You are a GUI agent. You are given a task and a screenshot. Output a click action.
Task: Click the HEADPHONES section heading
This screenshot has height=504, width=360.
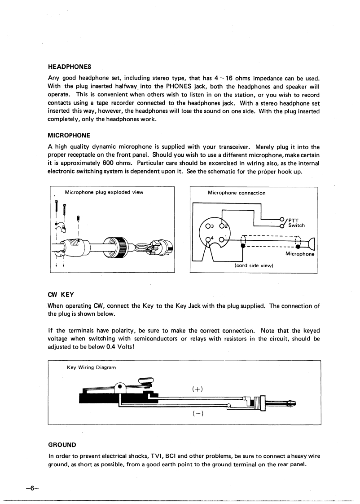pyautogui.click(x=70, y=66)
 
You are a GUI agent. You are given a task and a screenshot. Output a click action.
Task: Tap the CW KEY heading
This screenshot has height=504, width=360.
pyautogui.click(x=61, y=294)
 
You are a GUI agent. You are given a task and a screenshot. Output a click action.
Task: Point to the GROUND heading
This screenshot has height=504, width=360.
pyautogui.click(x=62, y=445)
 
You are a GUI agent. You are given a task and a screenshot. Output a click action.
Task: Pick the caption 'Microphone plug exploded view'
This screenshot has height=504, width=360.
pyautogui.click(x=104, y=192)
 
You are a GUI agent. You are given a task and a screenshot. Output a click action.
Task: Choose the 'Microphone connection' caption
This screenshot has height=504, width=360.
pyautogui.click(x=237, y=193)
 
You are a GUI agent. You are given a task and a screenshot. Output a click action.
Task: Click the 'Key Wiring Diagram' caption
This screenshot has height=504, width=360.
pyautogui.click(x=91, y=367)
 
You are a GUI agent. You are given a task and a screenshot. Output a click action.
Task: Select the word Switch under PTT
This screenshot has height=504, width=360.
pyautogui.click(x=296, y=225)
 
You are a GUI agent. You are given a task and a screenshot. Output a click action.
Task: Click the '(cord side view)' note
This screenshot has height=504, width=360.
pyautogui.click(x=254, y=265)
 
